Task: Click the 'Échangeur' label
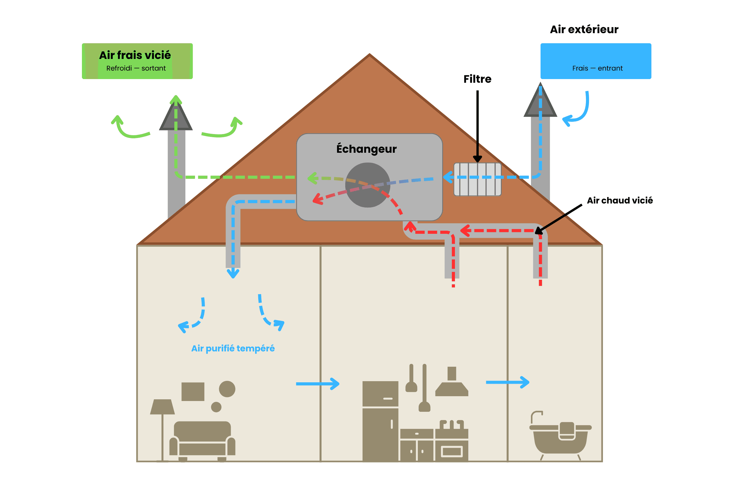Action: click(366, 149)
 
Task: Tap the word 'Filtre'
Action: click(477, 79)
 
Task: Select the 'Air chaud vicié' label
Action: click(620, 200)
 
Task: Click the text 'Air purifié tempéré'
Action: click(233, 348)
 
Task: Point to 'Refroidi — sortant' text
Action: click(136, 68)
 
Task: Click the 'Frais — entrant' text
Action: click(597, 68)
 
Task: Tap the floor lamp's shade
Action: click(162, 407)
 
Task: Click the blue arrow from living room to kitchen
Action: click(317, 384)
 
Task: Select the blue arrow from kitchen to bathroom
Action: click(507, 382)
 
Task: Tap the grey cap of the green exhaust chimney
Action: click(176, 117)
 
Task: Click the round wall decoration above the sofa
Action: click(227, 389)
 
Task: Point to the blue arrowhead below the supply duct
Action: click(233, 273)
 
